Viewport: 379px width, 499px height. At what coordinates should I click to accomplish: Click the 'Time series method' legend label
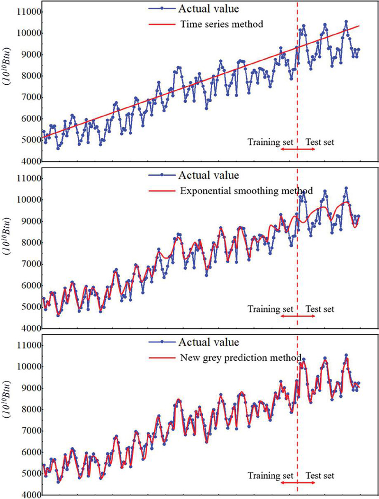pos(221,24)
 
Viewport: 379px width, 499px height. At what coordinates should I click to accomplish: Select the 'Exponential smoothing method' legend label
pos(246,191)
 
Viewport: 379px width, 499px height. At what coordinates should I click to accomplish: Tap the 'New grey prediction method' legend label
pos(241,358)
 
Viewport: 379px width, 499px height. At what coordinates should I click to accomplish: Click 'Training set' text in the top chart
pos(271,142)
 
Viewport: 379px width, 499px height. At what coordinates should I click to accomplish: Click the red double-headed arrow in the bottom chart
pos(297,483)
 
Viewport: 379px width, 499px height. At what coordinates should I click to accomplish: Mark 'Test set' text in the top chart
pos(320,142)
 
